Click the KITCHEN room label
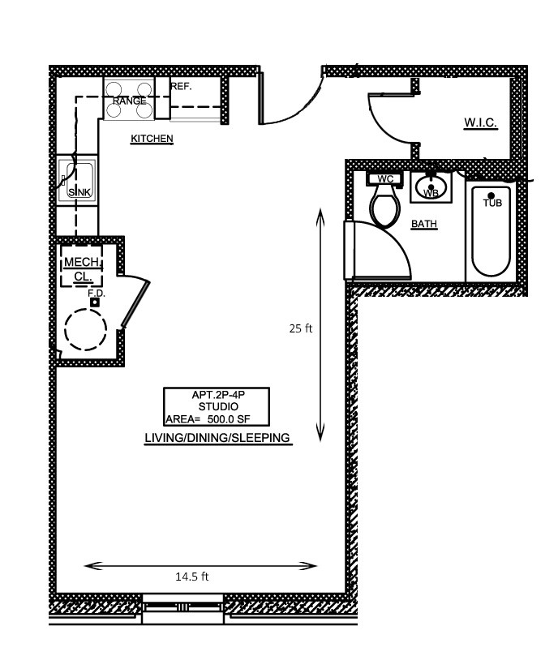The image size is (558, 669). point(152,139)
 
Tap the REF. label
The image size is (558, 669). point(182,87)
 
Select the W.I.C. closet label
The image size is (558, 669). point(481,123)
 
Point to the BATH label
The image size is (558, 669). point(424,224)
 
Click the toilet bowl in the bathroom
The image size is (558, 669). point(385,209)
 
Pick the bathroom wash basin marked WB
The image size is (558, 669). point(431,188)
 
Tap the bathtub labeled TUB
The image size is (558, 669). point(491,231)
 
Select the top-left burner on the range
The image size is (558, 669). point(114,89)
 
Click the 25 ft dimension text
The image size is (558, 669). point(301,328)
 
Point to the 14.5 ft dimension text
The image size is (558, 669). point(192,577)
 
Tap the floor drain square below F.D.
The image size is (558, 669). point(95,302)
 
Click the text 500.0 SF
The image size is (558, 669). point(229,419)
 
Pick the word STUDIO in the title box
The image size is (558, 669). point(218,406)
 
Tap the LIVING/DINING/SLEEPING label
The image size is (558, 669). point(217,438)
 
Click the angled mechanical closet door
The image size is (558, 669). point(135,304)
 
